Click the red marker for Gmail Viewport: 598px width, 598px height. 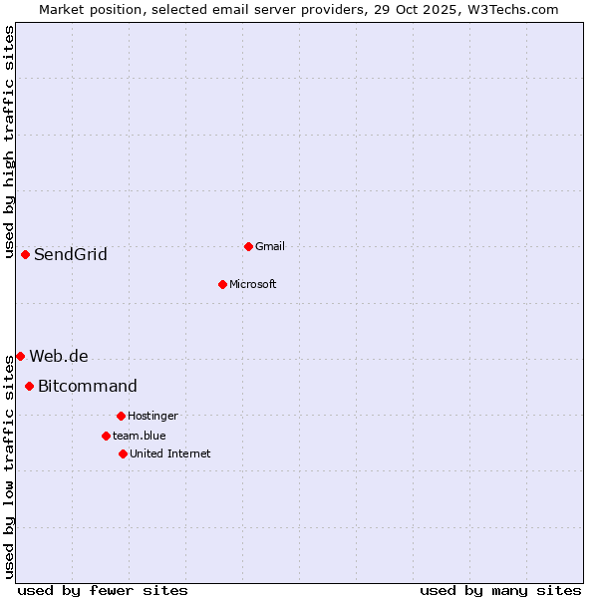click(248, 246)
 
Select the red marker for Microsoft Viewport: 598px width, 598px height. click(222, 284)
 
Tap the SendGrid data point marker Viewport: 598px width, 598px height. click(25, 254)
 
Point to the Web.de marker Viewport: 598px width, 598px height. click(20, 356)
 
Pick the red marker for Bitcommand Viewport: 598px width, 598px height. click(29, 386)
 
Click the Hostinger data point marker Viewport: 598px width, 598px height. click(121, 416)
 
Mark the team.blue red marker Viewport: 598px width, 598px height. click(106, 436)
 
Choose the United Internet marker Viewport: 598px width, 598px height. click(123, 453)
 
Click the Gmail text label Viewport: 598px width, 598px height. click(270, 246)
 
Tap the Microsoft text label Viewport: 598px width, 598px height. click(253, 284)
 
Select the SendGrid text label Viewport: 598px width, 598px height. click(71, 254)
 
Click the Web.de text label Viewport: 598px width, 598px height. click(59, 356)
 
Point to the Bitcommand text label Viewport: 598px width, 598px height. click(88, 386)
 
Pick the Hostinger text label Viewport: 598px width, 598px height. click(152, 416)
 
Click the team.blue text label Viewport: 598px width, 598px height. click(140, 436)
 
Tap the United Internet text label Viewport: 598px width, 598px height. click(170, 453)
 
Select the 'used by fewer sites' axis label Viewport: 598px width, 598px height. click(103, 590)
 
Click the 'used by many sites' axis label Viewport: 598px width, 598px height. click(500, 590)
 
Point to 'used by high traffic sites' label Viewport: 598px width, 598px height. click(9, 142)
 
